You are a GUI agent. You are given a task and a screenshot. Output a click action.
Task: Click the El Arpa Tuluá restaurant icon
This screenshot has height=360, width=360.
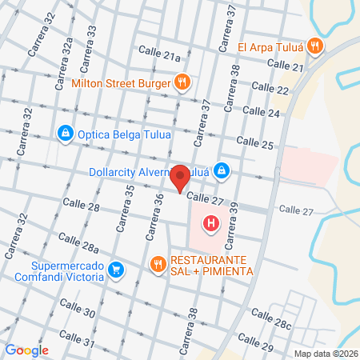click(317, 46)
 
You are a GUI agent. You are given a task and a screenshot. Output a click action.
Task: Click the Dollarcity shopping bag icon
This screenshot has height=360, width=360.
click(223, 170)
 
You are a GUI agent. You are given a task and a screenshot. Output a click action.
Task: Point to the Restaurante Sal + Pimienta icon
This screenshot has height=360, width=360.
click(158, 262)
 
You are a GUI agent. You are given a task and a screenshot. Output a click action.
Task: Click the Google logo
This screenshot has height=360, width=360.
click(26, 350)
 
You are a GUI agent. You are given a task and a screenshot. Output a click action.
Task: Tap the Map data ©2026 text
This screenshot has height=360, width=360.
click(325, 354)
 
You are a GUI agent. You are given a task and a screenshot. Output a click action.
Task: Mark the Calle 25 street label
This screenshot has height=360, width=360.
click(256, 144)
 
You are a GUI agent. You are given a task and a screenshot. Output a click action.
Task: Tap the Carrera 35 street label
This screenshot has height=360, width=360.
click(125, 209)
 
